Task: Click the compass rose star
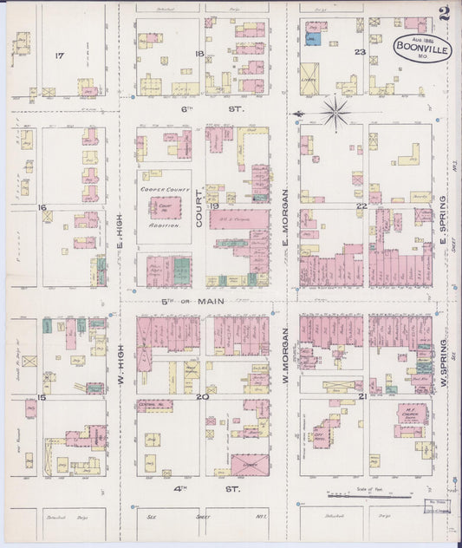(x=335, y=110)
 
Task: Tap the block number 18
(x=200, y=54)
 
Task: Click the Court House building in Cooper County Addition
(x=165, y=206)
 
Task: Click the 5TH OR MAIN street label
(x=192, y=301)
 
